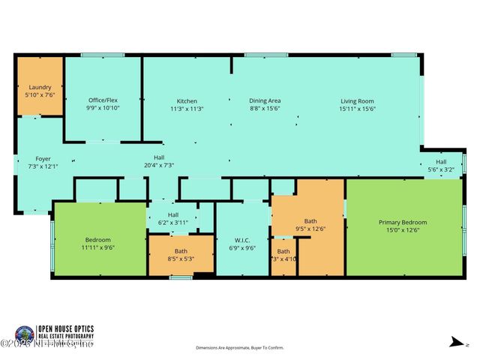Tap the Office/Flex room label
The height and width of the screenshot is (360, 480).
(103, 100)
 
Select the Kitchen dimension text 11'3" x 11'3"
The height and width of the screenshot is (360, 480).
(187, 109)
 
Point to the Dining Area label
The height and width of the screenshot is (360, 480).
(265, 100)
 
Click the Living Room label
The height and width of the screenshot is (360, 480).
(357, 100)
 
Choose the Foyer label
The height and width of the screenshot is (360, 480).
(43, 158)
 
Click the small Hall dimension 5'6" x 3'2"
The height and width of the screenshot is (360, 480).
(441, 169)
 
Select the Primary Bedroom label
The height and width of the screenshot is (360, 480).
(403, 222)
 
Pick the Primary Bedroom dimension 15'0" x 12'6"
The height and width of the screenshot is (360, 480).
(403, 230)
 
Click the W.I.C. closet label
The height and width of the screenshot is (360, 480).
(241, 240)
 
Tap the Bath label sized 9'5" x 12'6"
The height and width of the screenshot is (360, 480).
(310, 221)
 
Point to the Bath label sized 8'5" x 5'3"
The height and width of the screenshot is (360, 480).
(181, 250)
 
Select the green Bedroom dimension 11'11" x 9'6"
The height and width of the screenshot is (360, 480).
(98, 247)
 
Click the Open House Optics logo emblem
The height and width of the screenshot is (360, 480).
(24, 334)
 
